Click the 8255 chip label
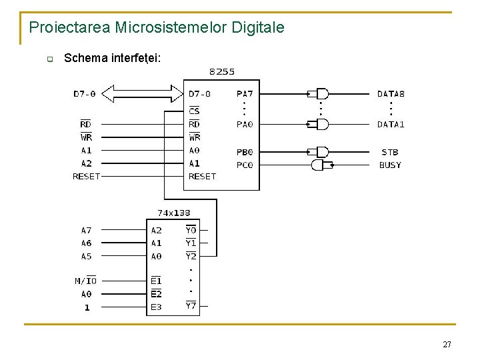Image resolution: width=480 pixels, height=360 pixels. (221, 71)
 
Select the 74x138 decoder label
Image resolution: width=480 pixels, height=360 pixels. (173, 213)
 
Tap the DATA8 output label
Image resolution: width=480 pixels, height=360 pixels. (391, 94)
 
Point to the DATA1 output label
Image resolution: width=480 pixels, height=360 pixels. (391, 124)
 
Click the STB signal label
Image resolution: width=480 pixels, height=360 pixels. (390, 153)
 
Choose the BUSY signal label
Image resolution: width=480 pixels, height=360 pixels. (390, 165)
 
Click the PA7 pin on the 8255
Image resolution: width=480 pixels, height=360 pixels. (245, 94)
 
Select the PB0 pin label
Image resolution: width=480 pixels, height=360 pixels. (245, 153)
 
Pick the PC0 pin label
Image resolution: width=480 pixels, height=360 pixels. (245, 165)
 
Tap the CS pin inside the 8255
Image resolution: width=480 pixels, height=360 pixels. (194, 111)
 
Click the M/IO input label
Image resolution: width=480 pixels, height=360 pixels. (85, 281)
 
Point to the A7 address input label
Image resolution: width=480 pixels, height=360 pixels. (87, 231)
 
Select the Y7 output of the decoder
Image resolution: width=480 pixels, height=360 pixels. (191, 306)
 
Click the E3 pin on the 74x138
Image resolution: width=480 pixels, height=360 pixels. (156, 307)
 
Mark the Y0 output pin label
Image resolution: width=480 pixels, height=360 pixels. (191, 231)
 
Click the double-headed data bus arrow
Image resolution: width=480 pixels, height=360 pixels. (146, 93)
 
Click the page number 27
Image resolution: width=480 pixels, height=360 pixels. (447, 345)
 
